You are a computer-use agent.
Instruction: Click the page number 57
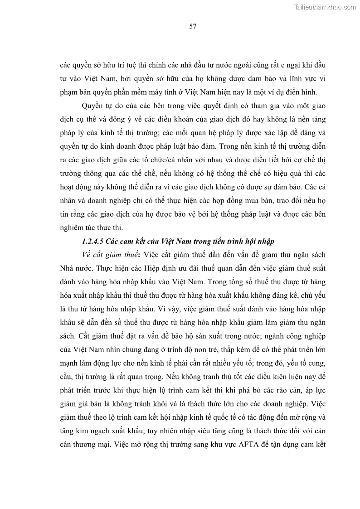click(192, 27)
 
